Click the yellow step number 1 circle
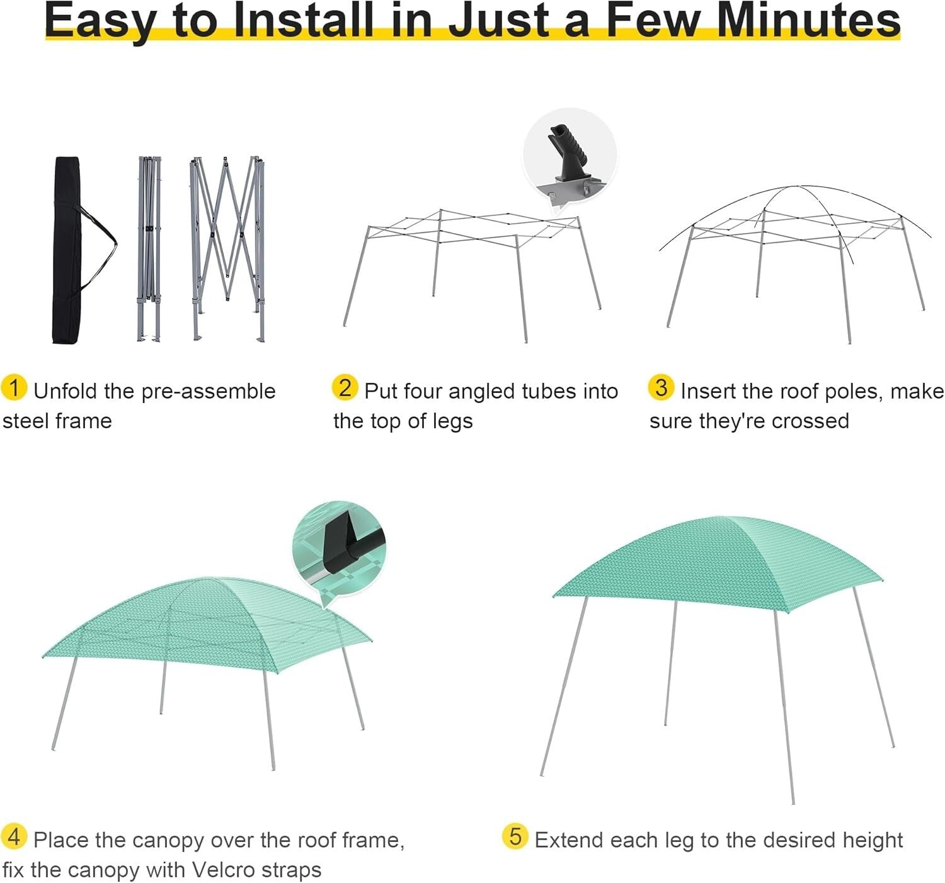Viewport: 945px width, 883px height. pos(14,387)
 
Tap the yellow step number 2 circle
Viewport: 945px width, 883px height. pos(345,387)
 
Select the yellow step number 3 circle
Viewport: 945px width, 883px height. pos(661,387)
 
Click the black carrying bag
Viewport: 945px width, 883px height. pos(67,250)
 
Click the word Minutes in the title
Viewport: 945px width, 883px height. pos(808,21)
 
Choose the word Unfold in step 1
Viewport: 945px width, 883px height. pos(66,390)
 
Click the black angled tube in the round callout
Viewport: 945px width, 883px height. pos(567,152)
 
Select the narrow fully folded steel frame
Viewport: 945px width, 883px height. pos(149,249)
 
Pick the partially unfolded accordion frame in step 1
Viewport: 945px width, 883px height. pos(227,248)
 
